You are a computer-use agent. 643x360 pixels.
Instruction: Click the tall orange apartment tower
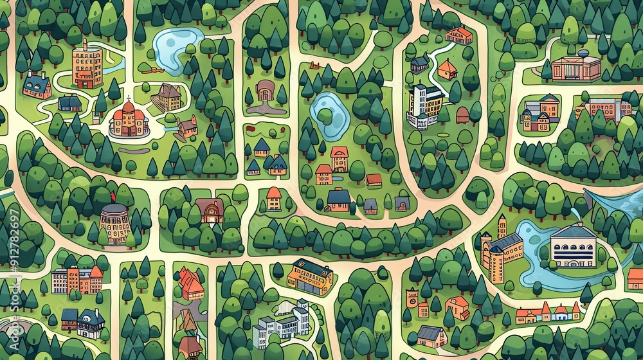tap(87, 64)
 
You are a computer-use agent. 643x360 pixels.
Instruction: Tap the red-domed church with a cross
tap(129, 119)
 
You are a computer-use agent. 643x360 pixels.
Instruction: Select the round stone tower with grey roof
tap(115, 222)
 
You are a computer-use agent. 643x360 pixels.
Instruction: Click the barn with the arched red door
tap(210, 210)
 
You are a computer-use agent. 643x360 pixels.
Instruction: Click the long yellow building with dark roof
tap(310, 276)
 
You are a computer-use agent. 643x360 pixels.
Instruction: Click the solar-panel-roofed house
tap(430, 335)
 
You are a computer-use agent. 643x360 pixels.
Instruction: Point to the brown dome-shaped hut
tap(462, 115)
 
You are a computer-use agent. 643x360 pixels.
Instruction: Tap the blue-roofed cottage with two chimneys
tap(37, 85)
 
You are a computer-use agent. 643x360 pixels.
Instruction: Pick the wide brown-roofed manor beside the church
tap(167, 97)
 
